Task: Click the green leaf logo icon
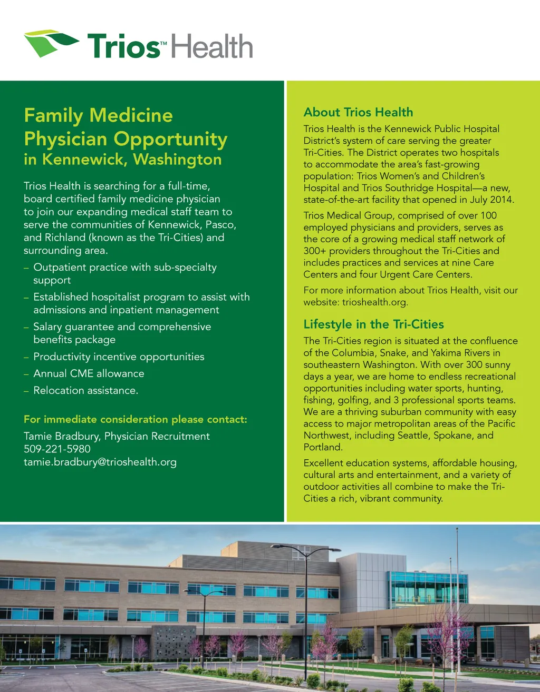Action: click(x=51, y=42)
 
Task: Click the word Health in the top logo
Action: click(x=213, y=46)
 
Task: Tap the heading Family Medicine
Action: click(x=99, y=115)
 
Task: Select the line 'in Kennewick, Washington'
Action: click(x=122, y=160)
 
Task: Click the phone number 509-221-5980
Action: click(x=57, y=449)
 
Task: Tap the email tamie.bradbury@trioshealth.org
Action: click(x=100, y=462)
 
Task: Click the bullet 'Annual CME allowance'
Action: click(x=89, y=373)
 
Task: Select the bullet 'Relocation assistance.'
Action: click(x=85, y=390)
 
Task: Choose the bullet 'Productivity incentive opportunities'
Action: click(x=119, y=357)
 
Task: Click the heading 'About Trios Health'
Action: click(x=358, y=112)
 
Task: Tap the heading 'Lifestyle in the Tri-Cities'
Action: click(x=373, y=324)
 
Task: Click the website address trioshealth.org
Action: click(x=375, y=302)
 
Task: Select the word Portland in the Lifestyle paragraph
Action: click(x=323, y=447)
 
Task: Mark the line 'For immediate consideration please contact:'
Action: click(x=136, y=419)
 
